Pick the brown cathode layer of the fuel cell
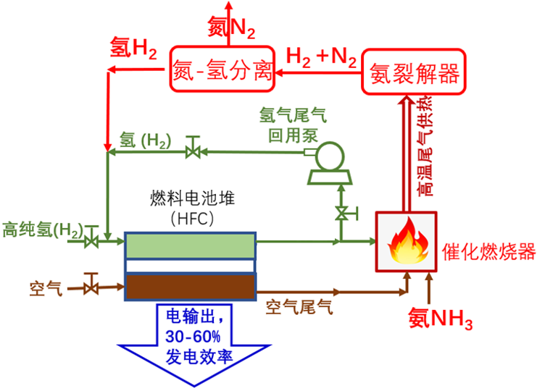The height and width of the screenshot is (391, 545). point(190,287)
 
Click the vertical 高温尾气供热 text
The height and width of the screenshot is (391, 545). point(427,148)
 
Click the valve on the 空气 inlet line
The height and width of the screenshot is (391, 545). point(91,287)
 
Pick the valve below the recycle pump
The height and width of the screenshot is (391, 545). point(341,213)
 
